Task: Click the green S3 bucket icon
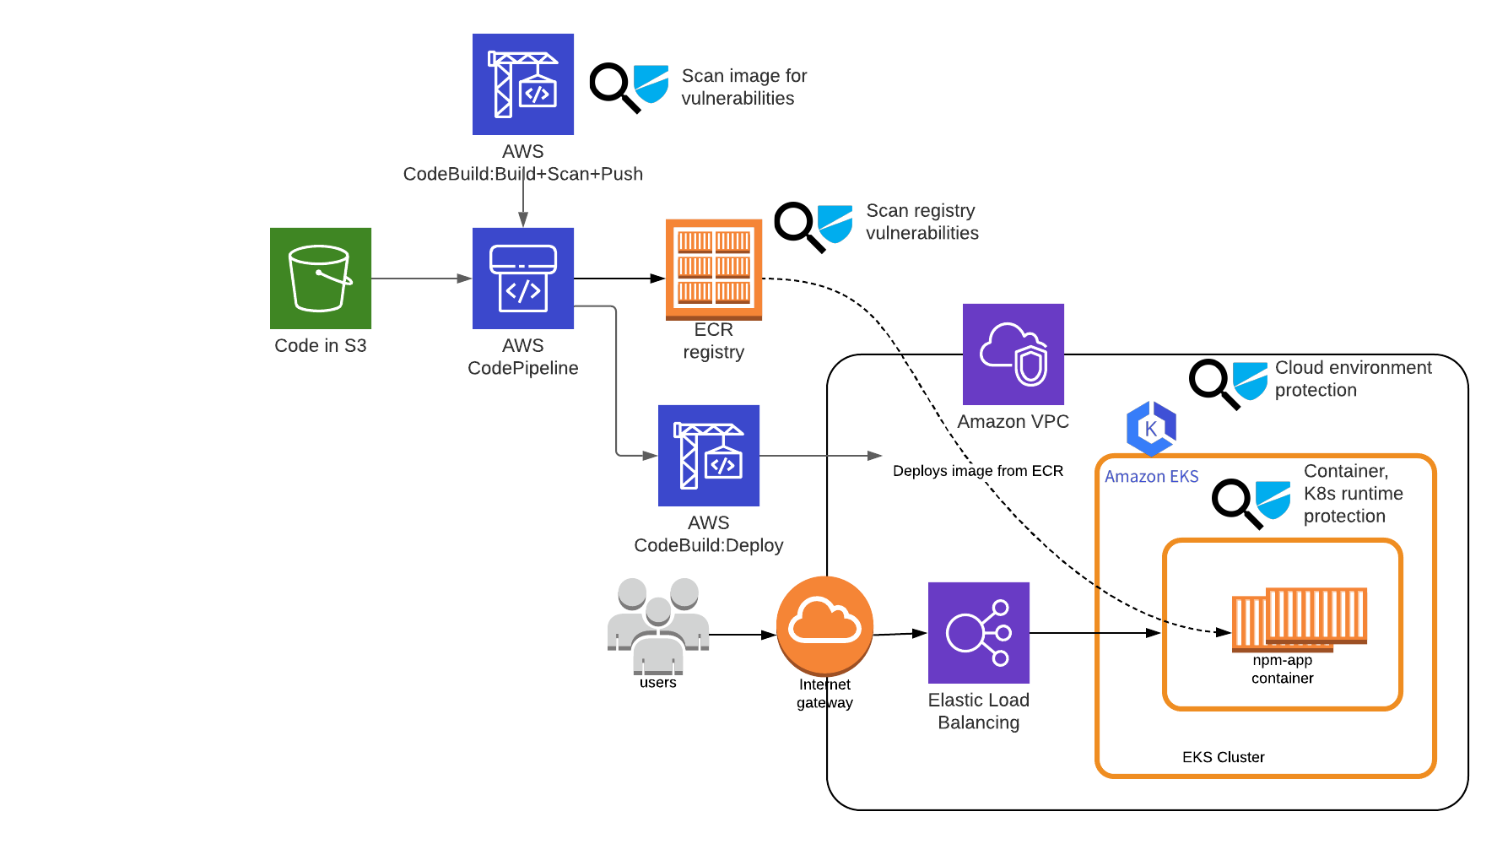[321, 279]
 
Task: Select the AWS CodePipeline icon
[523, 279]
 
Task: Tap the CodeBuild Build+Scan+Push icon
[523, 84]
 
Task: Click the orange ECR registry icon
[714, 270]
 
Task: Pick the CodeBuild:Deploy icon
[709, 456]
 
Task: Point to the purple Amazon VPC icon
[1013, 354]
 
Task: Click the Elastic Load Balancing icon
[979, 633]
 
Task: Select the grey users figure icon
[658, 625]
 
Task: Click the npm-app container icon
[1300, 620]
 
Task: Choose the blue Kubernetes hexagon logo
[1151, 429]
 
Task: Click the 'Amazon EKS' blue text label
[1152, 477]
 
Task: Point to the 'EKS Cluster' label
[1224, 757]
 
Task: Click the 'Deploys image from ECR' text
[978, 471]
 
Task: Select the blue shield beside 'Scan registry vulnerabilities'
[835, 224]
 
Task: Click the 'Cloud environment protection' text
[1354, 379]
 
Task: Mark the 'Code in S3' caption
[321, 346]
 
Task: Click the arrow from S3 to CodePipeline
[422, 279]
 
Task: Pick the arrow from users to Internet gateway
[743, 635]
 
